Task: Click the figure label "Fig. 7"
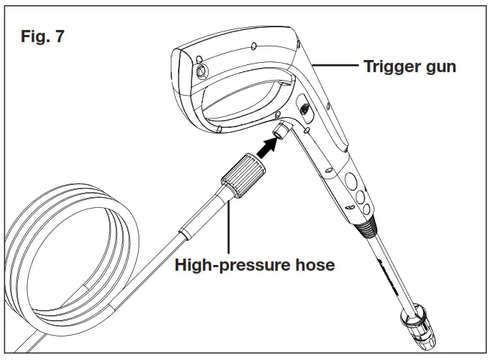point(41,36)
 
